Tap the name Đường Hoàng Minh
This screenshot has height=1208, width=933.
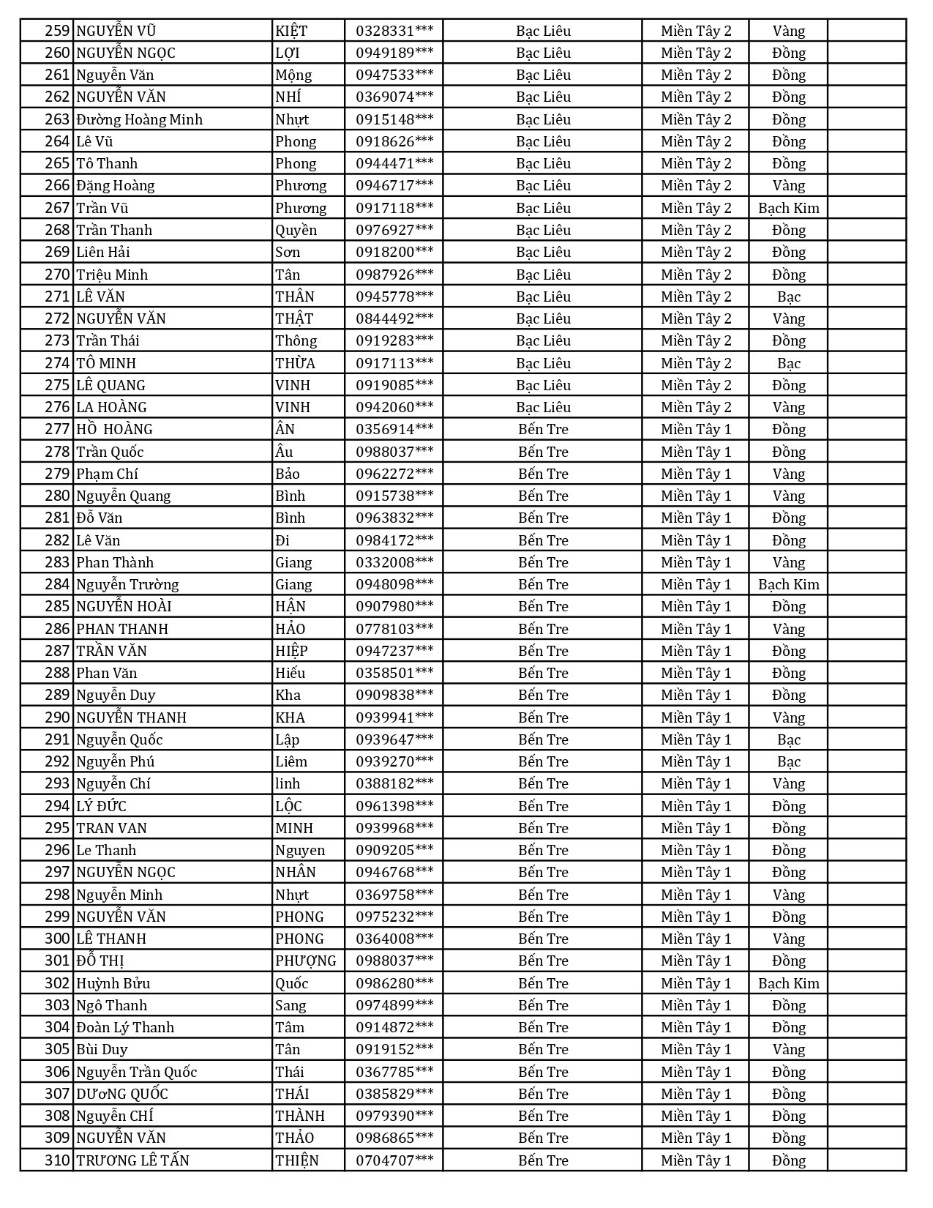[x=139, y=119]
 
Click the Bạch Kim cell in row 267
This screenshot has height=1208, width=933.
[x=788, y=208]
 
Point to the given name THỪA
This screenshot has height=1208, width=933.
[x=295, y=363]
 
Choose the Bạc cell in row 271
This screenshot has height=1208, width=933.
[x=788, y=297]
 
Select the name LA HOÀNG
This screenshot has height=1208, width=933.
[x=111, y=407]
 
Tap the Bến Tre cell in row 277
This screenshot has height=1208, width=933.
[x=543, y=429]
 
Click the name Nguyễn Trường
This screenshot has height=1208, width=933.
[x=127, y=584]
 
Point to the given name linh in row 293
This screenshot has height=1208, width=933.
[x=288, y=783]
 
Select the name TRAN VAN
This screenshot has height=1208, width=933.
[x=111, y=828]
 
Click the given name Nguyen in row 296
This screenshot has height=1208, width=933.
[x=299, y=850]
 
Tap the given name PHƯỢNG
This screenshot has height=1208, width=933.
[x=305, y=961]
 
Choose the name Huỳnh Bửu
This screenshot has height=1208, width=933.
[x=113, y=983]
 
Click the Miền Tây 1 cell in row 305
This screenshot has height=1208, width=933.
[x=695, y=1049]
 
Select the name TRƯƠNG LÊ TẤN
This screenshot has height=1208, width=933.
[x=132, y=1160]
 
